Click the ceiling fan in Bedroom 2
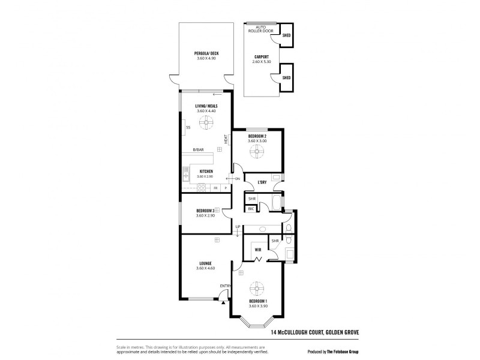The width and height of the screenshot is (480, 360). pos(257,151)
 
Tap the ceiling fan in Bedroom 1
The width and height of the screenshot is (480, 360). pos(257,286)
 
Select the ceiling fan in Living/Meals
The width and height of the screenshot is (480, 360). pos(206,123)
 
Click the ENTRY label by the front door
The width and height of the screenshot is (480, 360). pos(225,286)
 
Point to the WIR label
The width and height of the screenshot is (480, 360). pos(257,249)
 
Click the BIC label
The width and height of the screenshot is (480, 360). pos(251,208)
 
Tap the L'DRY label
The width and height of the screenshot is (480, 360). pos(262,182)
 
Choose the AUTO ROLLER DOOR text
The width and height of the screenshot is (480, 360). pos(261,29)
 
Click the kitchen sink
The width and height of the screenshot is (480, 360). pos(186,175)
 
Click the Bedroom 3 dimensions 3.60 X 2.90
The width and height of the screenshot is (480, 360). pos(205,215)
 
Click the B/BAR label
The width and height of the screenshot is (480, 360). pos(197,149)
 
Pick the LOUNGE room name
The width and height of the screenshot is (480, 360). pos(206,263)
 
